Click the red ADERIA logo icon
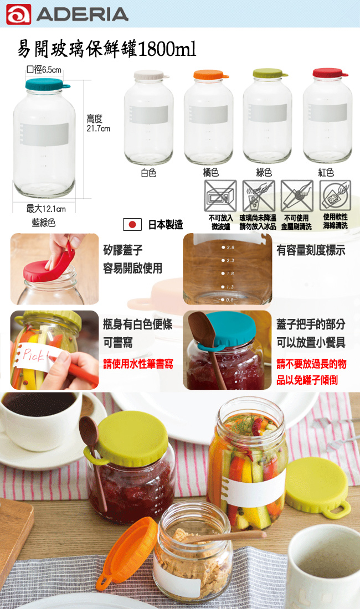18,14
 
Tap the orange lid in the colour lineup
210,75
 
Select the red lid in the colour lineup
330,73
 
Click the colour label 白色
148,173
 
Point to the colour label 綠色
264,172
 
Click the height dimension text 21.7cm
98,128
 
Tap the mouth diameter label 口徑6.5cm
44,70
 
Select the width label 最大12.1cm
46,209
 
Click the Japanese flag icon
132,224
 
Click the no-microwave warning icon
220,196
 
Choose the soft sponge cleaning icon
335,196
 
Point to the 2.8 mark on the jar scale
228,247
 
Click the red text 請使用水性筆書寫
138,364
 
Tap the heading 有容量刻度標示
311,250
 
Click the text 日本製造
166,224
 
